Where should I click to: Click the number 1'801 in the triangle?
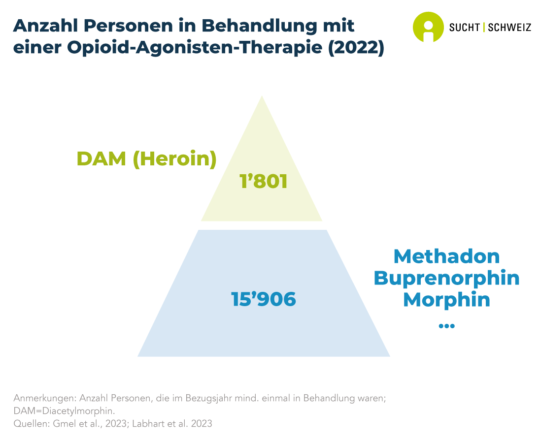264,181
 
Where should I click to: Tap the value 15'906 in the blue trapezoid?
264,299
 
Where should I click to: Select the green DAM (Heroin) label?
147,159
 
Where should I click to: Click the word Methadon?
447,256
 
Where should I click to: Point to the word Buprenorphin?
447,278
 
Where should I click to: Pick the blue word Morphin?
447,299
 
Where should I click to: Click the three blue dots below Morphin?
447,325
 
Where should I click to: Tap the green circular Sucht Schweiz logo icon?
428,27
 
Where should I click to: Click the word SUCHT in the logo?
464,27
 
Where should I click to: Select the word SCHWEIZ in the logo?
509,27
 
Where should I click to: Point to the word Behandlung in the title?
259,26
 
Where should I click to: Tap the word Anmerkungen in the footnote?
44,399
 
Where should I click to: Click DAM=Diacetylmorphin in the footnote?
64,411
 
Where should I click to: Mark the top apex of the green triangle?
262,95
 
